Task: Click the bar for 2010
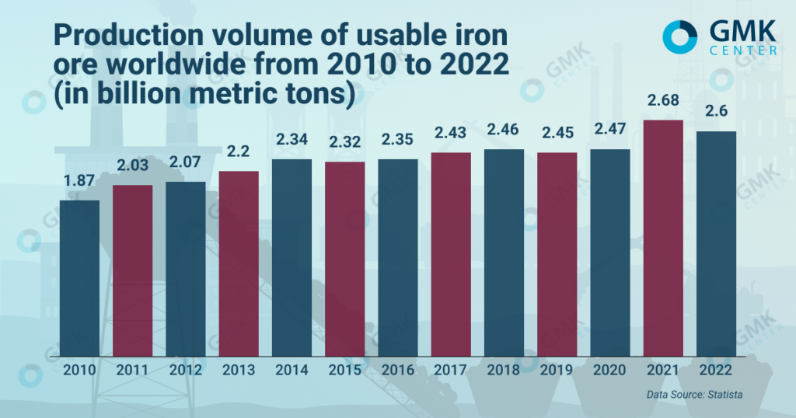click(79, 278)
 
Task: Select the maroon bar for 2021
click(663, 238)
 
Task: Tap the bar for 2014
click(292, 257)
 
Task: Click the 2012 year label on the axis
click(185, 371)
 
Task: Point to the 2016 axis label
click(398, 371)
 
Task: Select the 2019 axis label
click(557, 371)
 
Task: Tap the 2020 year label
click(610, 371)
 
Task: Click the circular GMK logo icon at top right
click(681, 37)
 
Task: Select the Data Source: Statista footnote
click(694, 395)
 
